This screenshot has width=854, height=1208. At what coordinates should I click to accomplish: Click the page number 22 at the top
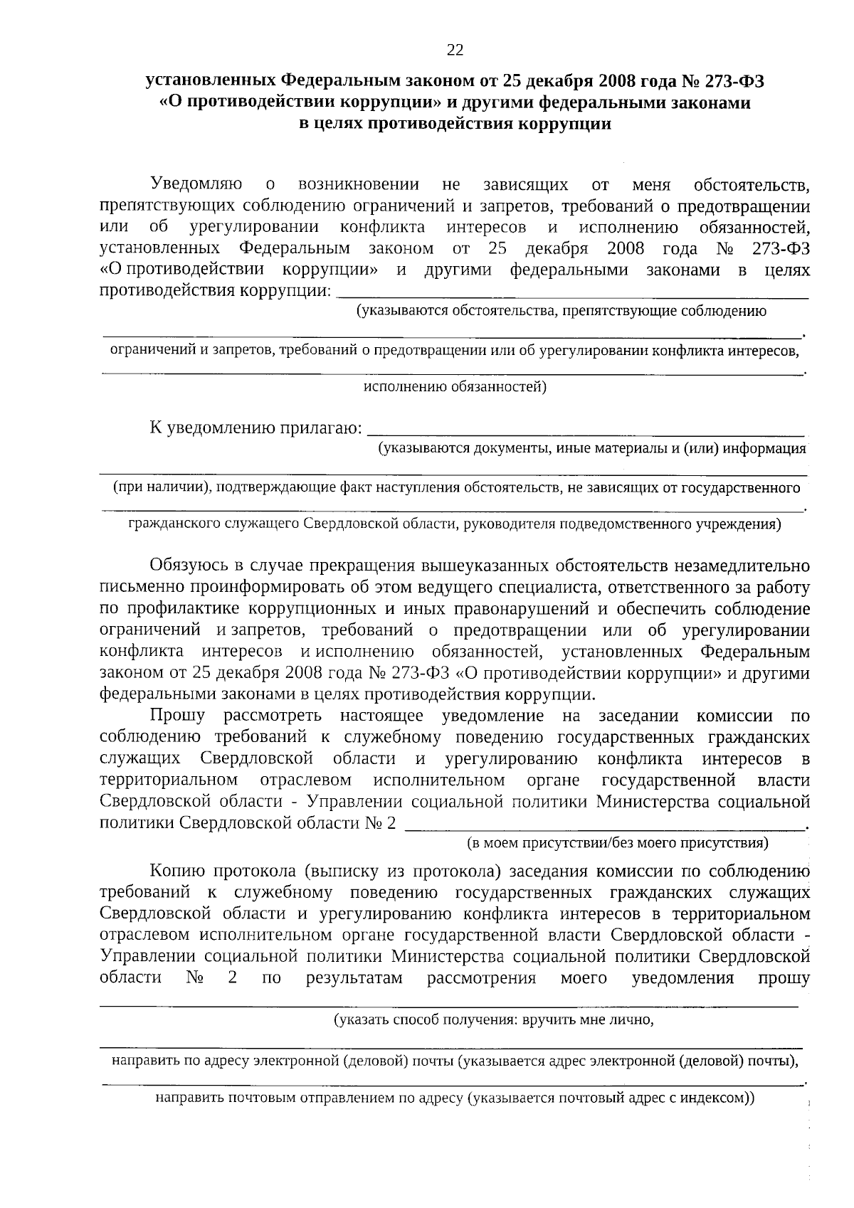(455, 50)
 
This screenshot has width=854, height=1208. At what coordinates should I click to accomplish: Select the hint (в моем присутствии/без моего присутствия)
(617, 844)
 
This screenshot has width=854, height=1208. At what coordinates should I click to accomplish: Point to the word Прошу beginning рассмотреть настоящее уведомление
(177, 715)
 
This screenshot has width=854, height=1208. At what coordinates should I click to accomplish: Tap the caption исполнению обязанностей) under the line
(455, 387)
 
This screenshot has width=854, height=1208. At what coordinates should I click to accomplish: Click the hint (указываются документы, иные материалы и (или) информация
(591, 448)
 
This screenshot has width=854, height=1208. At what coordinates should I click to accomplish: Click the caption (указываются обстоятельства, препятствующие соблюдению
(562, 311)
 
